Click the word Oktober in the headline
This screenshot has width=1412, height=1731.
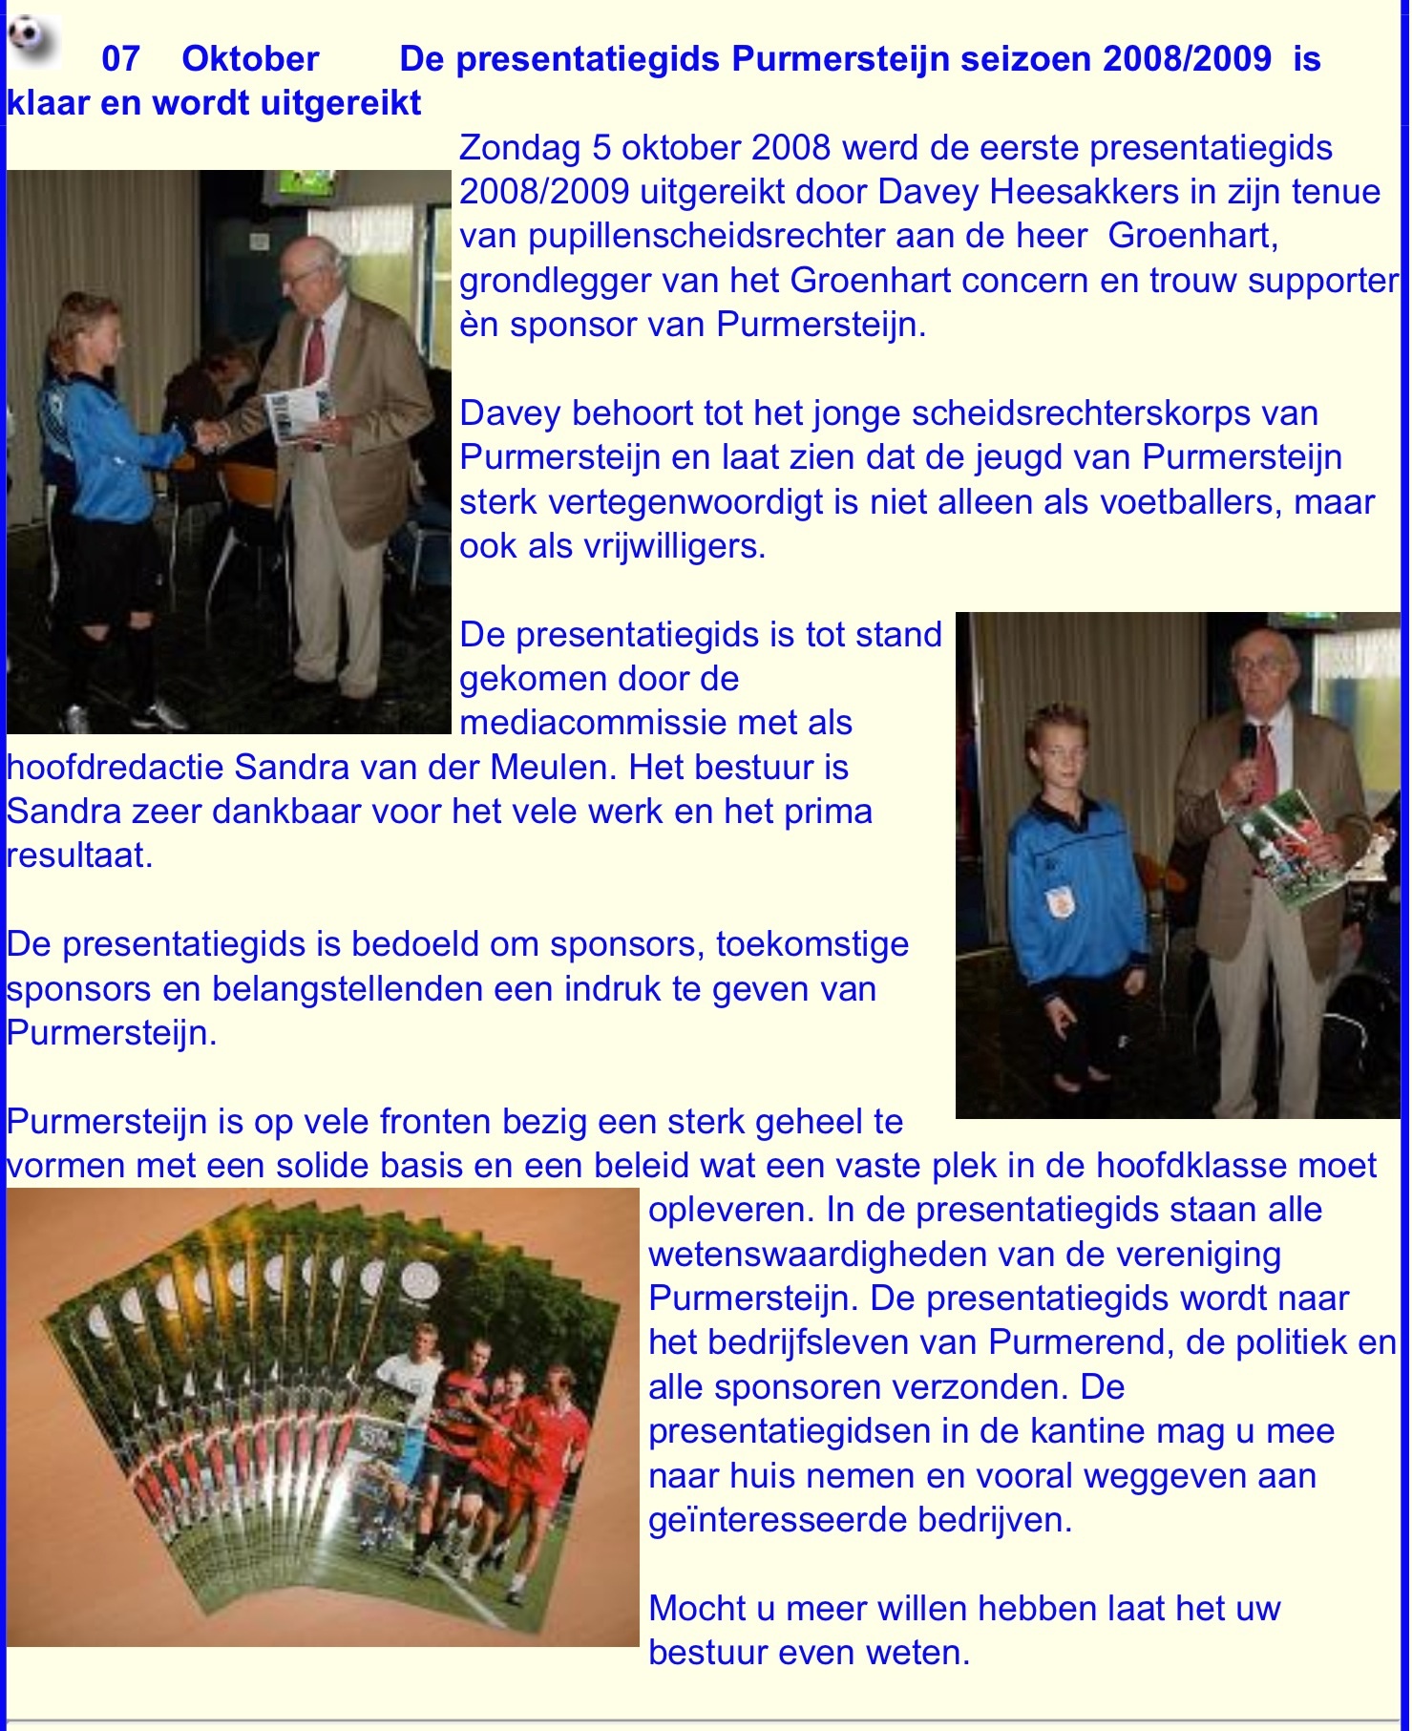click(250, 59)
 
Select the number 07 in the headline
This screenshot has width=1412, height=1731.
click(120, 59)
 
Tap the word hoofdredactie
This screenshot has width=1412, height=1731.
click(116, 767)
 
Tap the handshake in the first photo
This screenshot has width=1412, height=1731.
click(209, 435)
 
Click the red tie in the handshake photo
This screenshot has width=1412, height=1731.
click(313, 353)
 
